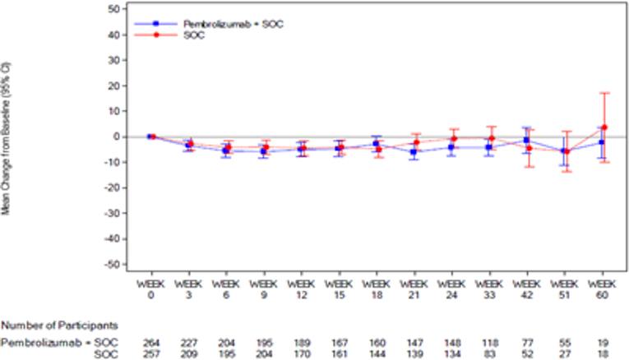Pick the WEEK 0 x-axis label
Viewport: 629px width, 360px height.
click(150, 290)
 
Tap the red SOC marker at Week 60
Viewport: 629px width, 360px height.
click(604, 127)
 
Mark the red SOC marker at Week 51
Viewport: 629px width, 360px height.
click(567, 151)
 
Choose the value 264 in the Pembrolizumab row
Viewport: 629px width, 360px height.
click(150, 341)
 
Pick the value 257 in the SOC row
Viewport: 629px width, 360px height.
click(150, 353)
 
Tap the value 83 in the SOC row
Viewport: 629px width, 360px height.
click(490, 353)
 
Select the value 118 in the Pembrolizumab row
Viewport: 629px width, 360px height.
click(490, 341)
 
